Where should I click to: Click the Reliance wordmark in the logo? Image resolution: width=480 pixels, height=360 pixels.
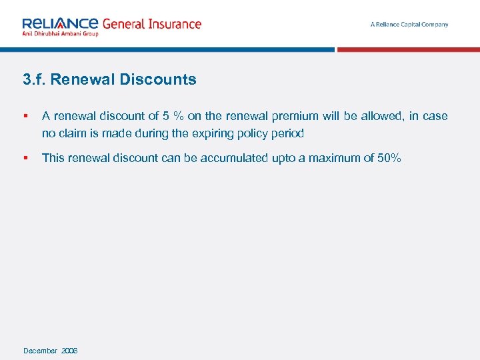click(61, 23)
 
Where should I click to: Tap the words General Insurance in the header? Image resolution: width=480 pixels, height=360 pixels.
click(151, 23)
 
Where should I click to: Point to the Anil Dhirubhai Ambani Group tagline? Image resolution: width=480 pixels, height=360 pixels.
click(60, 33)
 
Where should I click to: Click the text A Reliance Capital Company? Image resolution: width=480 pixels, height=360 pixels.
click(409, 25)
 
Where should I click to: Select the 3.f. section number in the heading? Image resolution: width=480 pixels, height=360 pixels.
click(34, 80)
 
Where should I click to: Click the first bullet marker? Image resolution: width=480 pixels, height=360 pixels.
click(25, 116)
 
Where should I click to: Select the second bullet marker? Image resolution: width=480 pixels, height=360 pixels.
click(25, 158)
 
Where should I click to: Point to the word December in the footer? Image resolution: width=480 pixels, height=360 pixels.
click(40, 351)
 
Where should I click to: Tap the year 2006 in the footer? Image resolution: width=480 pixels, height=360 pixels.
click(69, 351)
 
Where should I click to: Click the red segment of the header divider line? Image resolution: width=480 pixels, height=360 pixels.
click(408, 49)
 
